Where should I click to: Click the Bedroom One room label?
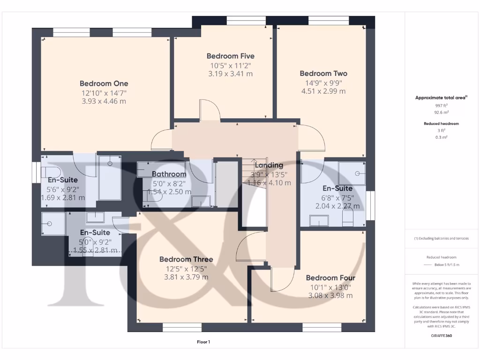tap(104, 83)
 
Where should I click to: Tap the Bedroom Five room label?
tap(230, 56)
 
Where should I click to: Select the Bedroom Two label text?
tap(323, 74)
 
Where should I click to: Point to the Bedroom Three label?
tap(186, 259)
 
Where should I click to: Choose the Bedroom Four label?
tap(330, 278)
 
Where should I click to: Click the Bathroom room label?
tap(169, 174)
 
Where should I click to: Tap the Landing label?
tap(269, 165)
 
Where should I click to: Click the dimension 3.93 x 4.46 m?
tap(104, 101)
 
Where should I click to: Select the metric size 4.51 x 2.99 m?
tap(323, 91)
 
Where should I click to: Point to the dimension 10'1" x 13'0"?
tap(330, 287)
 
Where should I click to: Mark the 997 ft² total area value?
tap(442, 106)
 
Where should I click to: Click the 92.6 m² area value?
tap(442, 113)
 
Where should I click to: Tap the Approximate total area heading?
tap(441, 98)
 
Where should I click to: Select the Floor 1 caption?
tap(203, 342)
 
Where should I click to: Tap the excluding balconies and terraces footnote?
tap(441, 239)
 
